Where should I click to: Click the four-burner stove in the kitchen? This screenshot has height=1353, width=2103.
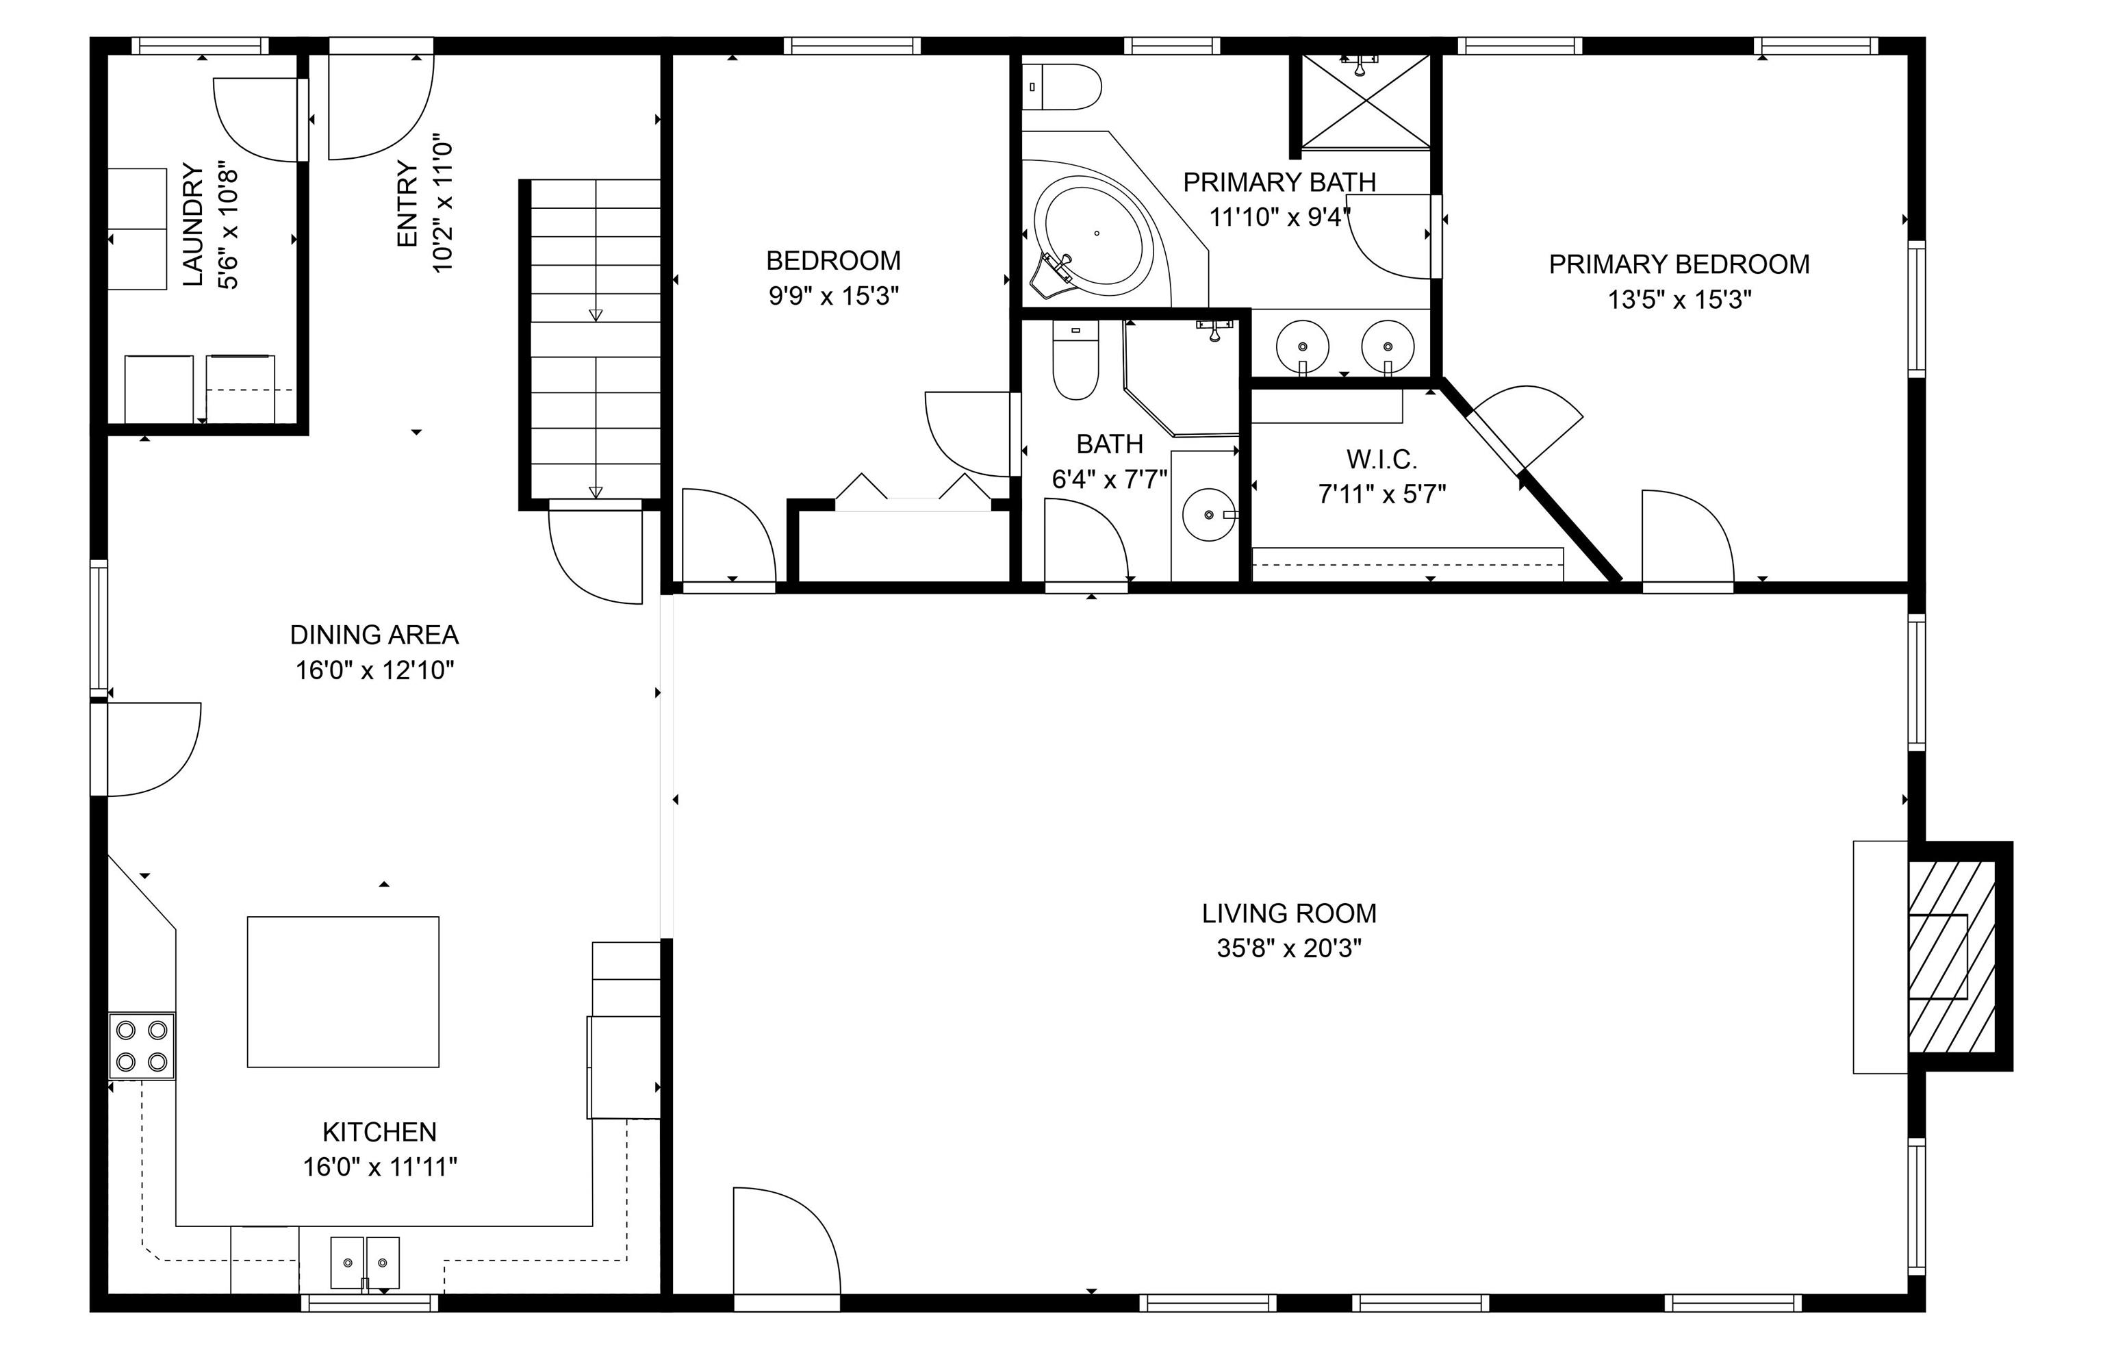tap(142, 1046)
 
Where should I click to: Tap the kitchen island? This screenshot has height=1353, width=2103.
tap(342, 992)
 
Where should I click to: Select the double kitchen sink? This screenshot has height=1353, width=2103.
tap(365, 1263)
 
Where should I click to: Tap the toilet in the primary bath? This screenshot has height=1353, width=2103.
tap(1062, 87)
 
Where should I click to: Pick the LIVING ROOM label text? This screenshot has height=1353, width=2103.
tap(1288, 913)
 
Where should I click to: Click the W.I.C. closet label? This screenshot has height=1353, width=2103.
tap(1381, 459)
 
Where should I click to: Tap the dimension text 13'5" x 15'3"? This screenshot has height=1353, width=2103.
tap(1679, 300)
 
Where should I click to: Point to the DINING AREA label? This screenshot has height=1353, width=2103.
tap(374, 634)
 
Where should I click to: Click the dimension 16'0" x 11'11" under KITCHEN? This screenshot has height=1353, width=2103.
tap(379, 1167)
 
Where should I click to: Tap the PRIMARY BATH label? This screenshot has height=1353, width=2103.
tap(1279, 183)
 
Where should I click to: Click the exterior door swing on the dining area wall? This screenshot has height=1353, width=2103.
tap(146, 749)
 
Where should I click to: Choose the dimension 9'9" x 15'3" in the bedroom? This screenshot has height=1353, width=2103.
tap(834, 296)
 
